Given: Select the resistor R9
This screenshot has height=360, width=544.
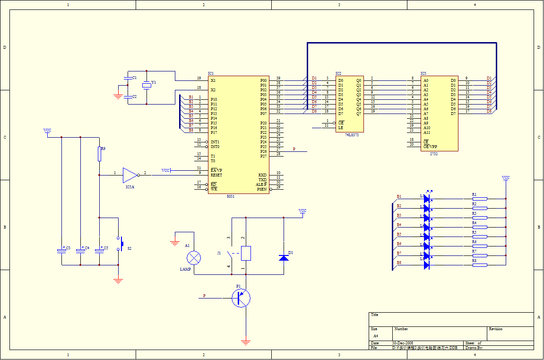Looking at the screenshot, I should (99, 154).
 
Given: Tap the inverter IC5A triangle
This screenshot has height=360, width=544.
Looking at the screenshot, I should (130, 175).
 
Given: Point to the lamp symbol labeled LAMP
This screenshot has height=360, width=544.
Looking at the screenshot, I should (194, 258).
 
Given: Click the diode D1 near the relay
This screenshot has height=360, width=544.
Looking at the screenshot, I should (284, 258).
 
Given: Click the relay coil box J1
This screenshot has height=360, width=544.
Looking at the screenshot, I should (246, 253).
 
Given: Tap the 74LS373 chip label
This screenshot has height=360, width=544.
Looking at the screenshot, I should (352, 135).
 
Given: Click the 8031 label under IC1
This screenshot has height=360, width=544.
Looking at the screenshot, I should (230, 196).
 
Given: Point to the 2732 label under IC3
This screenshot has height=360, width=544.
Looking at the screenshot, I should (433, 154).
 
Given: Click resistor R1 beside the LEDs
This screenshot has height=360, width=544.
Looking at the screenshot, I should (480, 199).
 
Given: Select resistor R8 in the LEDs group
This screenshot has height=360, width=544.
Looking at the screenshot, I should (480, 265).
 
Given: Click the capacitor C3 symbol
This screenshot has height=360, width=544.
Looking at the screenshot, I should (61, 250).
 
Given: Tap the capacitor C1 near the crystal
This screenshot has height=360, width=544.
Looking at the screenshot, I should (128, 78).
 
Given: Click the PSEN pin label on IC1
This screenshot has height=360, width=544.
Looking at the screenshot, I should (262, 189).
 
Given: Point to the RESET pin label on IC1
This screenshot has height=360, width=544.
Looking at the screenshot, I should (216, 175).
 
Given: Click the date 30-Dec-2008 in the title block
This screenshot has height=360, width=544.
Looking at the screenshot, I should (403, 343).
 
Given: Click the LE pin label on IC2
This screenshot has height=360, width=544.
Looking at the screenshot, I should (340, 128).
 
